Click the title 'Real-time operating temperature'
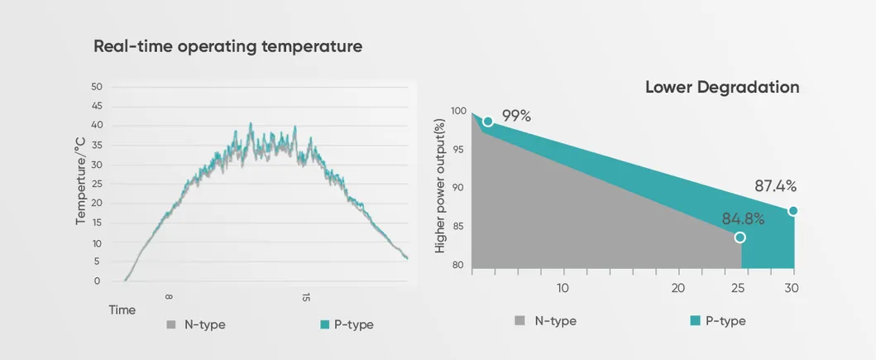[x=227, y=46]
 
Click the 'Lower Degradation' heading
[x=721, y=87]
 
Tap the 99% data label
[x=516, y=116]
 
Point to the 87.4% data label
[x=775, y=186]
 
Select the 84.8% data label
[x=743, y=219]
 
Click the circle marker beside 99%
[x=488, y=121]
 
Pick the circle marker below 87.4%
[x=792, y=211]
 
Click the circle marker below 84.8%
[x=740, y=238]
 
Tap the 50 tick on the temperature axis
[x=96, y=87]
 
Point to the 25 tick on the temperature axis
[x=96, y=184]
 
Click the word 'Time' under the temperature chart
[x=122, y=310]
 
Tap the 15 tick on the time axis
[x=306, y=296]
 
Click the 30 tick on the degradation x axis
[x=792, y=288]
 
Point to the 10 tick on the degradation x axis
[x=562, y=288]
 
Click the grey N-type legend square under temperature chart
[x=171, y=324]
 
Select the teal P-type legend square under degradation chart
[x=695, y=320]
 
